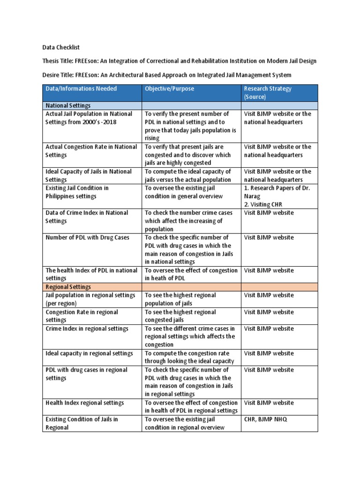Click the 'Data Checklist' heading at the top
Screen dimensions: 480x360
pos(66,47)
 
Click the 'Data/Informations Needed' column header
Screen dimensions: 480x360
pos(81,89)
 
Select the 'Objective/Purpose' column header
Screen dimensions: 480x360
pos(169,89)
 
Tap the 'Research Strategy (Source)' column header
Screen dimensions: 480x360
pos(268,93)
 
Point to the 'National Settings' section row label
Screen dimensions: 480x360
pos(68,105)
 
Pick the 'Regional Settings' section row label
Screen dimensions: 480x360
pos(68,286)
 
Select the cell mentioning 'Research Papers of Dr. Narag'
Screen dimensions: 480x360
pos(277,196)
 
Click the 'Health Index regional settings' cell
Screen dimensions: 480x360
pos(85,403)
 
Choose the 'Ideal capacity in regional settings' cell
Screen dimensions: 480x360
pos(89,353)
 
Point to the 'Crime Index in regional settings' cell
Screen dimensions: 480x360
pos(87,329)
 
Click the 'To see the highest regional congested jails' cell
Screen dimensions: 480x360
pos(180,316)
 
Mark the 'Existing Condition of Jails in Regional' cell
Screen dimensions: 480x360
pos(82,423)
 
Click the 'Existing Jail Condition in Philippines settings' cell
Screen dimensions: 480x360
pos(77,192)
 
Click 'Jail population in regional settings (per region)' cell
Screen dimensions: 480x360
pos(90,299)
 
